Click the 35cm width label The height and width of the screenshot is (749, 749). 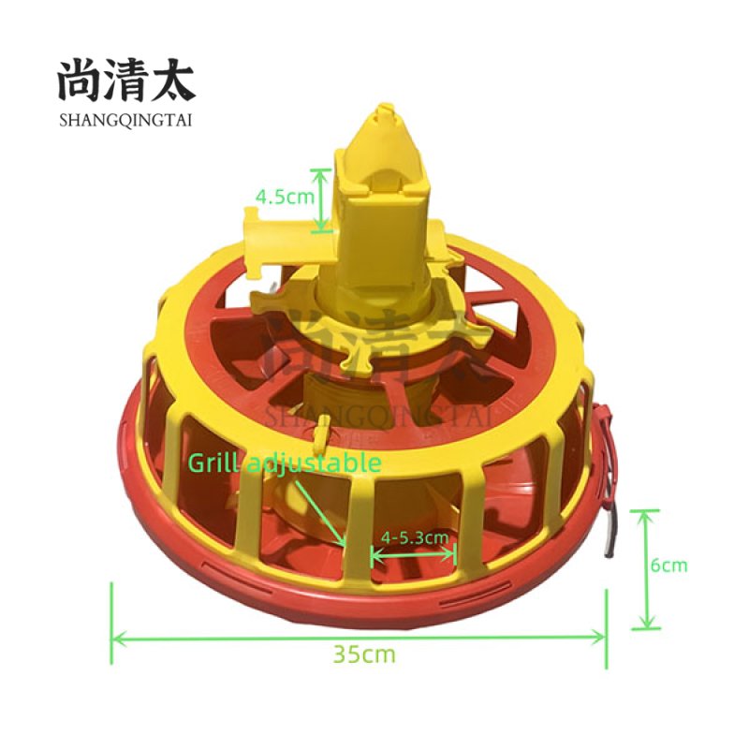[364, 654]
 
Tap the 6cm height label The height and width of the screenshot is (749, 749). [670, 565]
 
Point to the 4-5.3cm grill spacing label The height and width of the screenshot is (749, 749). [414, 537]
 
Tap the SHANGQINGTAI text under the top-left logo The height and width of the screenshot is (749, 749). [125, 119]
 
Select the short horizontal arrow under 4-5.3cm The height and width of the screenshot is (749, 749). [414, 554]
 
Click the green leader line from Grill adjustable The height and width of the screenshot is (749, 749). [321, 507]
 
